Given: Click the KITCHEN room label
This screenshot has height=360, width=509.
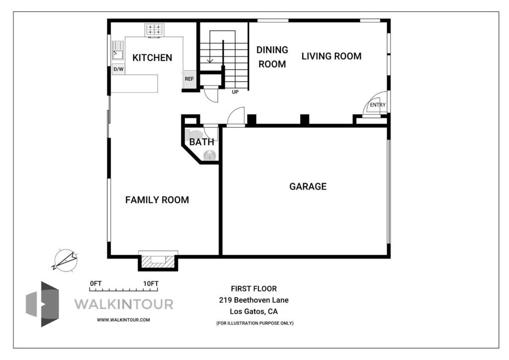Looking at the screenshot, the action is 152,58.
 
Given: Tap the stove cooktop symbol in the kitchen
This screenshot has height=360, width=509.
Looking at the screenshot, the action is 154,30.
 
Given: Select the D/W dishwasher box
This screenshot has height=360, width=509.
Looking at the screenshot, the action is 118,69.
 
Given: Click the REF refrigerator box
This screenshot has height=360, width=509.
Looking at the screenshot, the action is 189,79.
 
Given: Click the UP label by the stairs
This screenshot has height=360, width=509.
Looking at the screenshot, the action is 235,92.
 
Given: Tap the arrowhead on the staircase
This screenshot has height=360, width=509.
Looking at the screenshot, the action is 210,60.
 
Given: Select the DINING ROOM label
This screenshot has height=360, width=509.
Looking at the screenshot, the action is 272,57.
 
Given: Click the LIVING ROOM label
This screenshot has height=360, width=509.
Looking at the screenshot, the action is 332,56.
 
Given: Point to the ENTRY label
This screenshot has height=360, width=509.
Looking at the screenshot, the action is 378,105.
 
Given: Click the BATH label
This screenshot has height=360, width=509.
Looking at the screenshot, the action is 202,142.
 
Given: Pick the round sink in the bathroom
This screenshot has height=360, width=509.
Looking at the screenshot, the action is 210,155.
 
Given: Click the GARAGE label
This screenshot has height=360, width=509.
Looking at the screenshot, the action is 308,186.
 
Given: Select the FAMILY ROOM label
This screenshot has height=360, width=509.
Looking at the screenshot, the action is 157,200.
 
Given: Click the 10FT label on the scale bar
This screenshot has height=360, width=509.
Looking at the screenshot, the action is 151,284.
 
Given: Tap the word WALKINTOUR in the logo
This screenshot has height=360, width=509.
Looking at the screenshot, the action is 124,304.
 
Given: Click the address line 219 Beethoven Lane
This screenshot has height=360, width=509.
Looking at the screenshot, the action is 254,300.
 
